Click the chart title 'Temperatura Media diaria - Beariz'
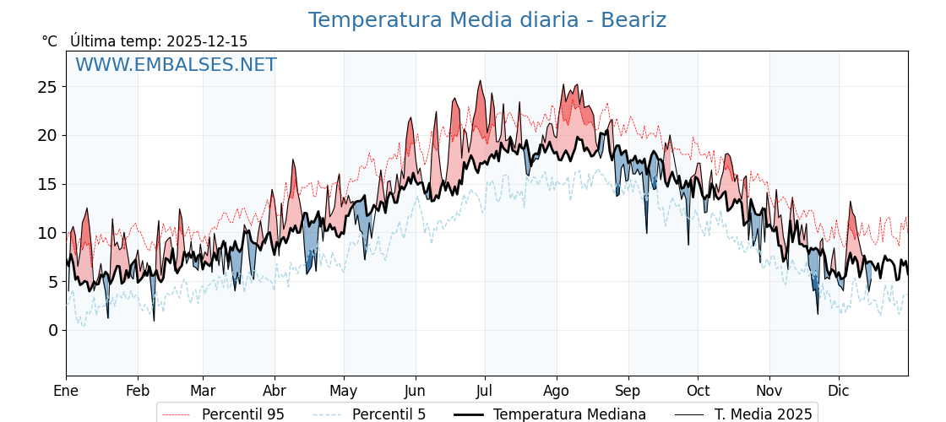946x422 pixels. [487, 20]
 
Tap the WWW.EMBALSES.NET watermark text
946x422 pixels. [176, 65]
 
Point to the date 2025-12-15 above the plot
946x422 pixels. [207, 41]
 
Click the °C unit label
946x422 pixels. [50, 41]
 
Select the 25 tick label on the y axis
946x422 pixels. [47, 87]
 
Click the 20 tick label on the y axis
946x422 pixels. [47, 135]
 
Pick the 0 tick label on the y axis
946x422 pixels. [52, 330]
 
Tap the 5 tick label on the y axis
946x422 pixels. [52, 281]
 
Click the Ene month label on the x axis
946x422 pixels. [66, 391]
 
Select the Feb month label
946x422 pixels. [138, 391]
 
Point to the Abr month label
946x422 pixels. [275, 391]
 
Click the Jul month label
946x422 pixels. [485, 391]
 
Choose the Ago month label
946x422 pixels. [557, 391]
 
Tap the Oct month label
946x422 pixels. [698, 391]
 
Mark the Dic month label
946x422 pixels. [839, 391]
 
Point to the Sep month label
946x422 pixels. [628, 391]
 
